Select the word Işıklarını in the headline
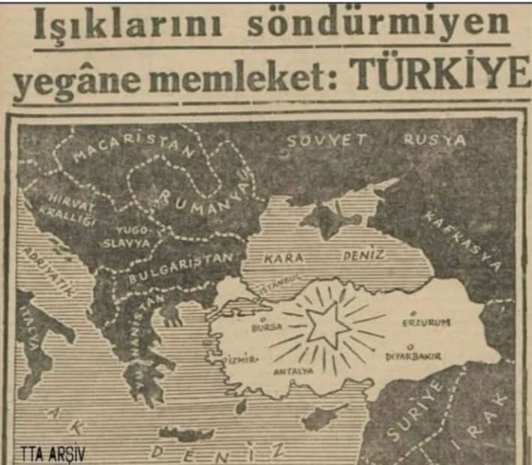tap(130, 26)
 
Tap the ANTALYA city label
tap(291, 371)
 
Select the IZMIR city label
tap(243, 360)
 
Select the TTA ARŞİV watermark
tap(52, 454)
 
